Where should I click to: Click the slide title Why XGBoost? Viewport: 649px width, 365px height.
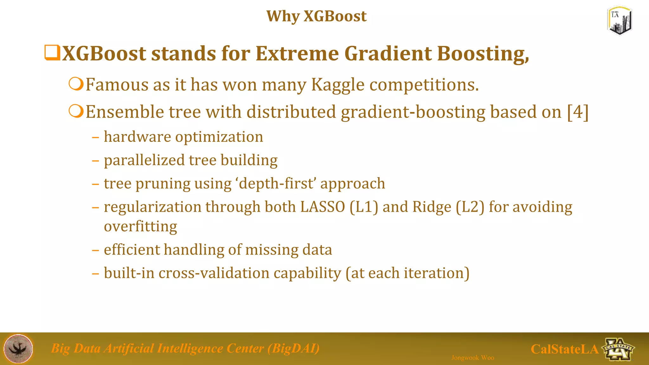pyautogui.click(x=316, y=16)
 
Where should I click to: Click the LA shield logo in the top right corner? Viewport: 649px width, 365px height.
pyautogui.click(x=620, y=21)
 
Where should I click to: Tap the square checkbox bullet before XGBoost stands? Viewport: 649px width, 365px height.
pyautogui.click(x=52, y=53)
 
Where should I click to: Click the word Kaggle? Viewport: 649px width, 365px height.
pyautogui.click(x=338, y=85)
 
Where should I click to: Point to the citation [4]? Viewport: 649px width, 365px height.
pyautogui.click(x=578, y=112)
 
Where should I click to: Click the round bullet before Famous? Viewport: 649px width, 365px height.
pyautogui.click(x=76, y=84)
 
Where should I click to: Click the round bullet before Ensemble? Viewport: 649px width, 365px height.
pyautogui.click(x=76, y=112)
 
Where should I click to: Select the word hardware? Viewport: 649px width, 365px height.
pyautogui.click(x=138, y=137)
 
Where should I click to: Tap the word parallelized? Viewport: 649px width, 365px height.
pyautogui.click(x=144, y=160)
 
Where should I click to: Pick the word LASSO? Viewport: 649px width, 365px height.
pyautogui.click(x=323, y=207)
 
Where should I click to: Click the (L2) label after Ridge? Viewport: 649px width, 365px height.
pyautogui.click(x=470, y=207)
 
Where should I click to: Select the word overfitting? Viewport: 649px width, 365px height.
pyautogui.click(x=140, y=226)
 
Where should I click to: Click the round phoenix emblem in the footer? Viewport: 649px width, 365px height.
pyautogui.click(x=18, y=349)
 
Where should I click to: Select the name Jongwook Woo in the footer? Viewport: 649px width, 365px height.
pyautogui.click(x=472, y=358)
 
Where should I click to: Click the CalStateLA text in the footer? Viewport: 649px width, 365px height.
pyautogui.click(x=564, y=349)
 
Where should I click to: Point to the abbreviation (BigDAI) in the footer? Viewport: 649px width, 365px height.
pyautogui.click(x=293, y=348)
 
